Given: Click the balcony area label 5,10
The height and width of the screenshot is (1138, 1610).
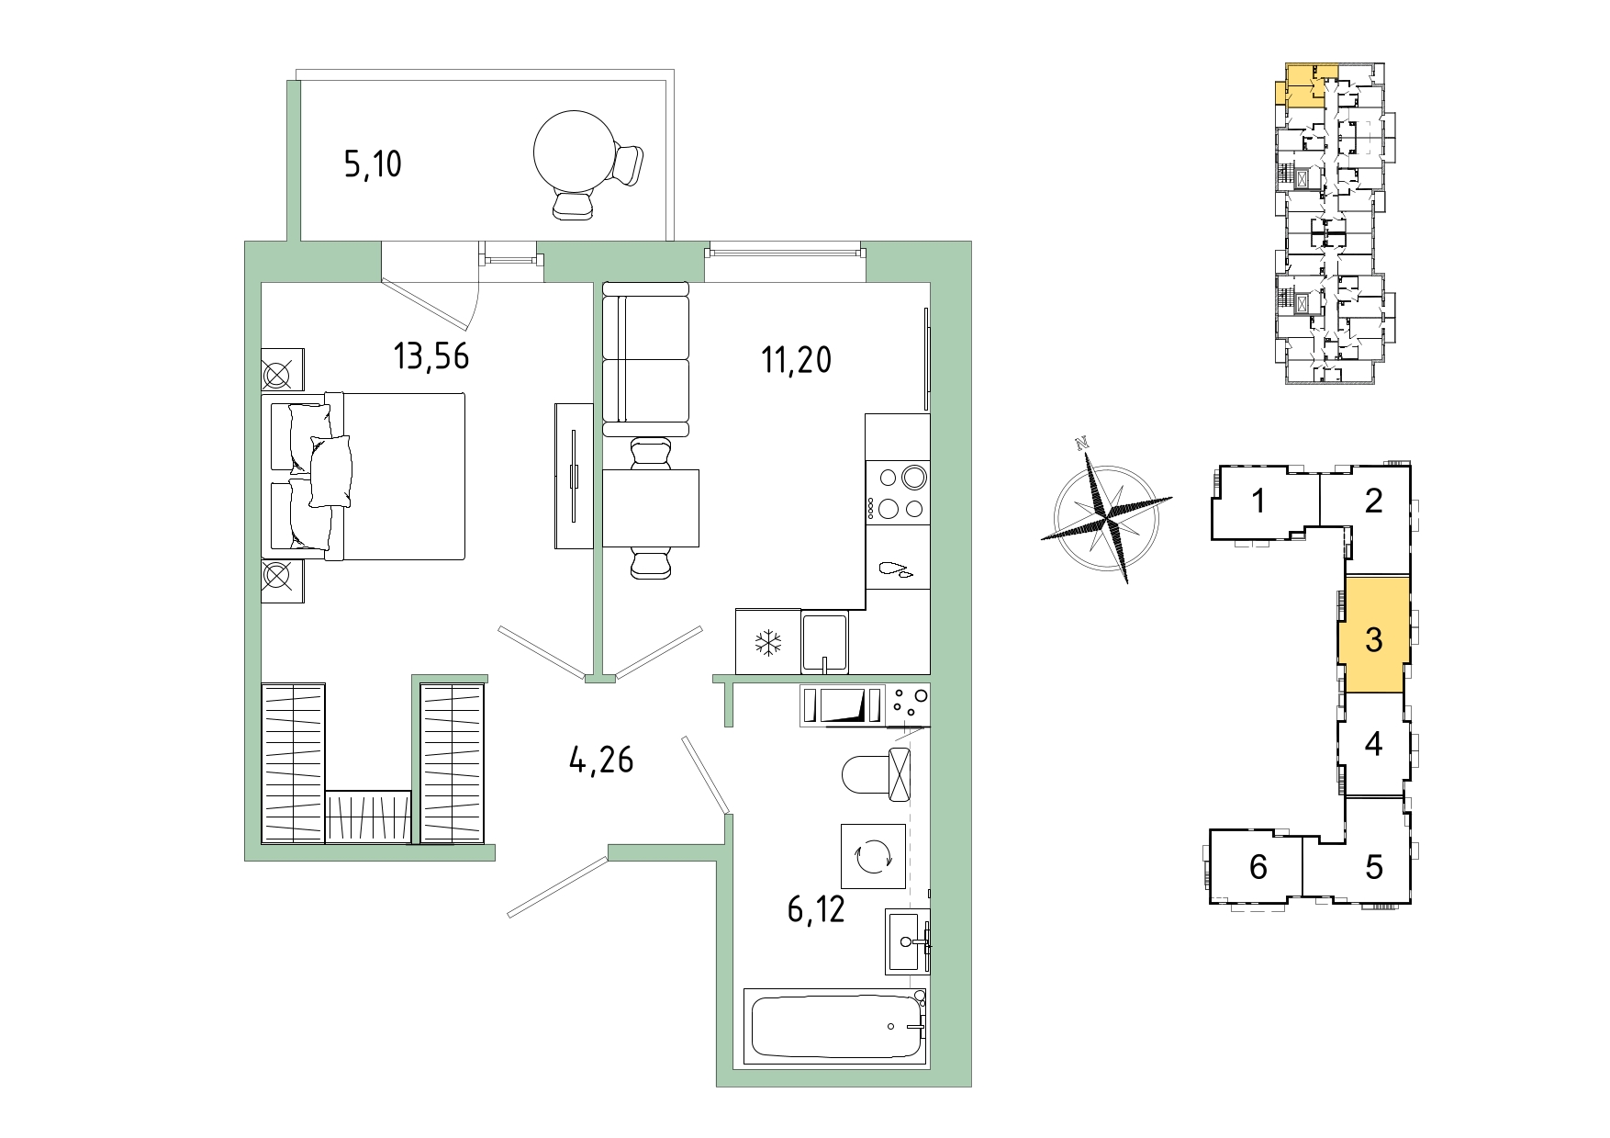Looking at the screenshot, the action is (373, 165).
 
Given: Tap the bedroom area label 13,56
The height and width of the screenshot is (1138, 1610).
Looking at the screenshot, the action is (431, 355).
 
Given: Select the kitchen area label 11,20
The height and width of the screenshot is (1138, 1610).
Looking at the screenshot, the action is (796, 360).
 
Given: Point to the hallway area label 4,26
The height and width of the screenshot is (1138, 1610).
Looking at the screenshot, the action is (601, 761).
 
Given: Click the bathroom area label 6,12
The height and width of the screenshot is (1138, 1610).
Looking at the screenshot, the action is (816, 909).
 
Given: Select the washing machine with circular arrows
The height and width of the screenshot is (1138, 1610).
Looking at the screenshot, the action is (873, 856).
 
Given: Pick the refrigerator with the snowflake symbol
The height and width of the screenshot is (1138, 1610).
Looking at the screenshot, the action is (768, 641).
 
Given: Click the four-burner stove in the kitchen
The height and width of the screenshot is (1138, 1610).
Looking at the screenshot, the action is (898, 492).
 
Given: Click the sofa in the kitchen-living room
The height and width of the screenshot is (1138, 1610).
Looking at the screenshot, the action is (645, 359).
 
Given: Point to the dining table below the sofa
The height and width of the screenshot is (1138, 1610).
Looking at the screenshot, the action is (651, 508).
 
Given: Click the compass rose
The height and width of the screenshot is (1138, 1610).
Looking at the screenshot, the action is (1106, 510).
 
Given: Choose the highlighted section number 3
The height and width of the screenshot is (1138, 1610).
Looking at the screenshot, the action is (1373, 639).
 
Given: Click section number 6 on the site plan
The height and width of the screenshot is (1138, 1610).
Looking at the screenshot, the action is (1258, 866).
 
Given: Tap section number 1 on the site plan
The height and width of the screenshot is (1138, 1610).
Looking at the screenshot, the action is (1258, 501).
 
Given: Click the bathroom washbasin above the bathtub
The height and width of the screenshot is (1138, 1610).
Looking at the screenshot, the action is (908, 941).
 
